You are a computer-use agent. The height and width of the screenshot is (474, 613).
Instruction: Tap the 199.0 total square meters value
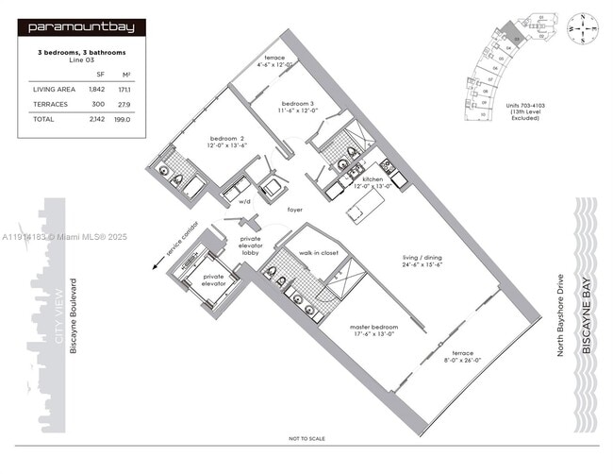click(x=123, y=120)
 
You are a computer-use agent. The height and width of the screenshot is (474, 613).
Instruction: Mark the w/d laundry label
click(x=244, y=202)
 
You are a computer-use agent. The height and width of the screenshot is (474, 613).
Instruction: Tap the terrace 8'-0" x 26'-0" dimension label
click(x=462, y=357)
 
